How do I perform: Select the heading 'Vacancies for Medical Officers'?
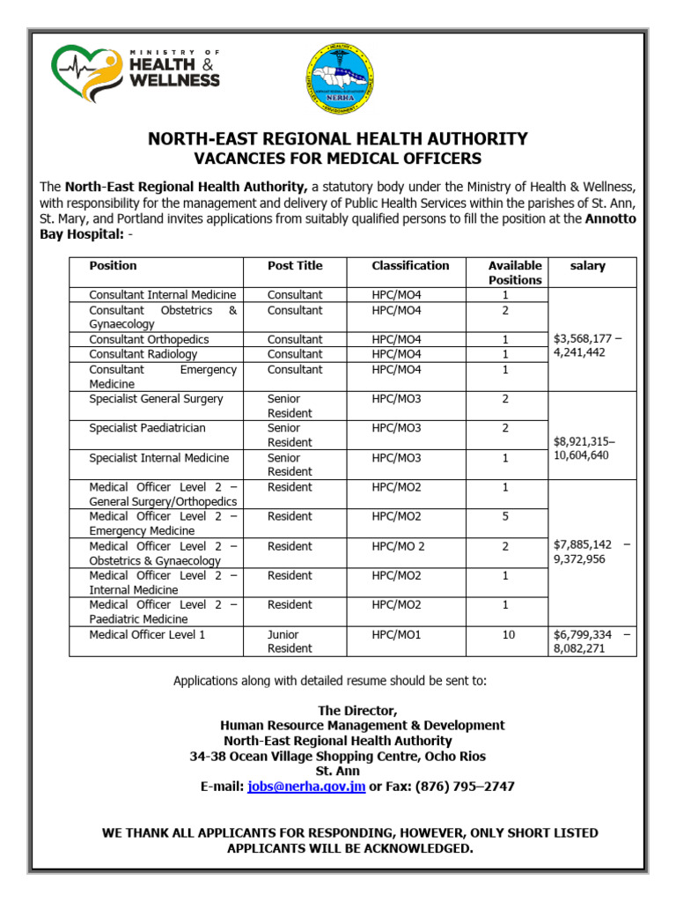click(338, 159)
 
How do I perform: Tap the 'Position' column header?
click(114, 266)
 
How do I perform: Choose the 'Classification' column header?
click(410, 266)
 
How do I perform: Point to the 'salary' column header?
click(587, 266)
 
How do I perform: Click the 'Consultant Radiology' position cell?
click(143, 354)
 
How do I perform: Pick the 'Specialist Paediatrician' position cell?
click(146, 428)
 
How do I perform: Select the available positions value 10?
click(509, 634)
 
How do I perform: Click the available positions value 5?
click(505, 517)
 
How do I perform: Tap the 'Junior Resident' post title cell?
click(290, 641)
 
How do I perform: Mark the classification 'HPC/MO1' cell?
click(397, 634)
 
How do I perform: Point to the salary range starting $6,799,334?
click(588, 641)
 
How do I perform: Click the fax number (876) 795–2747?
click(459, 787)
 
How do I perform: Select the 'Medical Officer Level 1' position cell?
click(147, 634)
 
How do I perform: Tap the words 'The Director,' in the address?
click(357, 711)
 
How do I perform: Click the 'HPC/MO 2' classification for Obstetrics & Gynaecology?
click(398, 546)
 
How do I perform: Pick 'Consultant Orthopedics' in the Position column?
click(149, 339)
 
